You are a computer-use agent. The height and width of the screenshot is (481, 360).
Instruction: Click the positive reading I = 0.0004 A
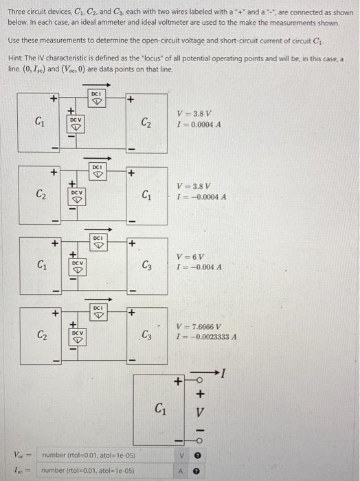click(x=197, y=123)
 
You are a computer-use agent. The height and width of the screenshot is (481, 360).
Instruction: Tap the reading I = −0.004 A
click(x=199, y=267)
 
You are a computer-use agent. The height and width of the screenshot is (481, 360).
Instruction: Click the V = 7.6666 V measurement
click(x=199, y=327)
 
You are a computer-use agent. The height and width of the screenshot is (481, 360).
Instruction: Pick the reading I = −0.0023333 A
click(x=206, y=337)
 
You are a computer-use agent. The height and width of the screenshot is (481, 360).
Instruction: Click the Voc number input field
click(x=103, y=455)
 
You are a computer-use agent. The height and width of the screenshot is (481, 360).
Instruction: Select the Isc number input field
click(x=103, y=471)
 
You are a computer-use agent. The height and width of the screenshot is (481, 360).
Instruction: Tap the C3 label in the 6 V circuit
click(x=147, y=265)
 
